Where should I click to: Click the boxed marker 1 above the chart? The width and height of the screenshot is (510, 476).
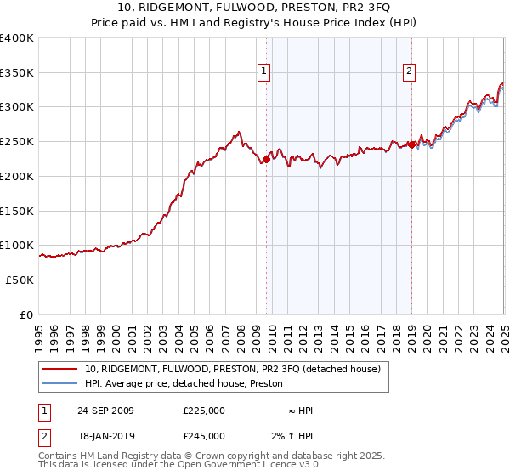(265, 72)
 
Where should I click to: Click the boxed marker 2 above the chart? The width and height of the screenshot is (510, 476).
(410, 72)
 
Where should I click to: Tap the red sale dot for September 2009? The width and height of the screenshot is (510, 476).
(266, 158)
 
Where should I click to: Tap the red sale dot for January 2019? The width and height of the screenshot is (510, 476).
(411, 144)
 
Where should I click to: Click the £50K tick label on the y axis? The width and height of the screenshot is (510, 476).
(20, 280)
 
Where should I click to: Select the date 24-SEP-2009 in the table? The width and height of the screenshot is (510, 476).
(105, 411)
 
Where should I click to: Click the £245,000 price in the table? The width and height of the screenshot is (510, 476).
(204, 436)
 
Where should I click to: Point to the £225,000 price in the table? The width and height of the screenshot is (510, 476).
(204, 411)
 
